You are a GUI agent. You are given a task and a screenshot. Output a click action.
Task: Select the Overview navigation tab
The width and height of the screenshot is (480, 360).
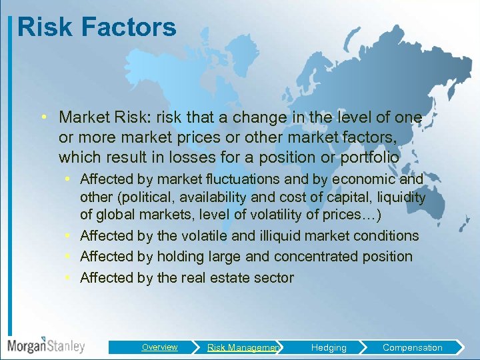(159, 347)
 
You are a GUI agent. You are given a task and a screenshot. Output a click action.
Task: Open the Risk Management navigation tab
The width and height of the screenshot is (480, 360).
(243, 347)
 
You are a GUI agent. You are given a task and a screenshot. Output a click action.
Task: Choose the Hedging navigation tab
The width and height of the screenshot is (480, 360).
(329, 347)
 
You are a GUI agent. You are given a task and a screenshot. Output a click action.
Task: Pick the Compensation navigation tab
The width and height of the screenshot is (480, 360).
(412, 347)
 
